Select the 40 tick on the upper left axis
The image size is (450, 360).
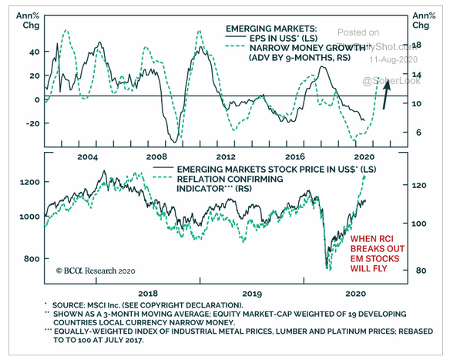tap(33, 53)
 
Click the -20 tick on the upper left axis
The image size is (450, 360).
tap(31, 123)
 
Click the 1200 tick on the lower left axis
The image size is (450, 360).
tap(29, 182)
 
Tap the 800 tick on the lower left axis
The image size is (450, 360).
tap(31, 258)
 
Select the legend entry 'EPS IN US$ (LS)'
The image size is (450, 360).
tap(274, 38)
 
